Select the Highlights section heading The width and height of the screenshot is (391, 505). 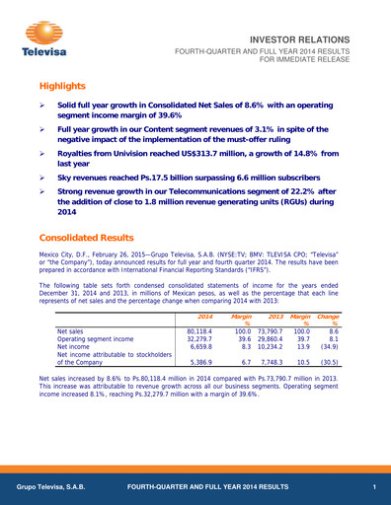tap(66, 87)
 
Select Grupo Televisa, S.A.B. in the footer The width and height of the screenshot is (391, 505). tap(49, 488)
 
